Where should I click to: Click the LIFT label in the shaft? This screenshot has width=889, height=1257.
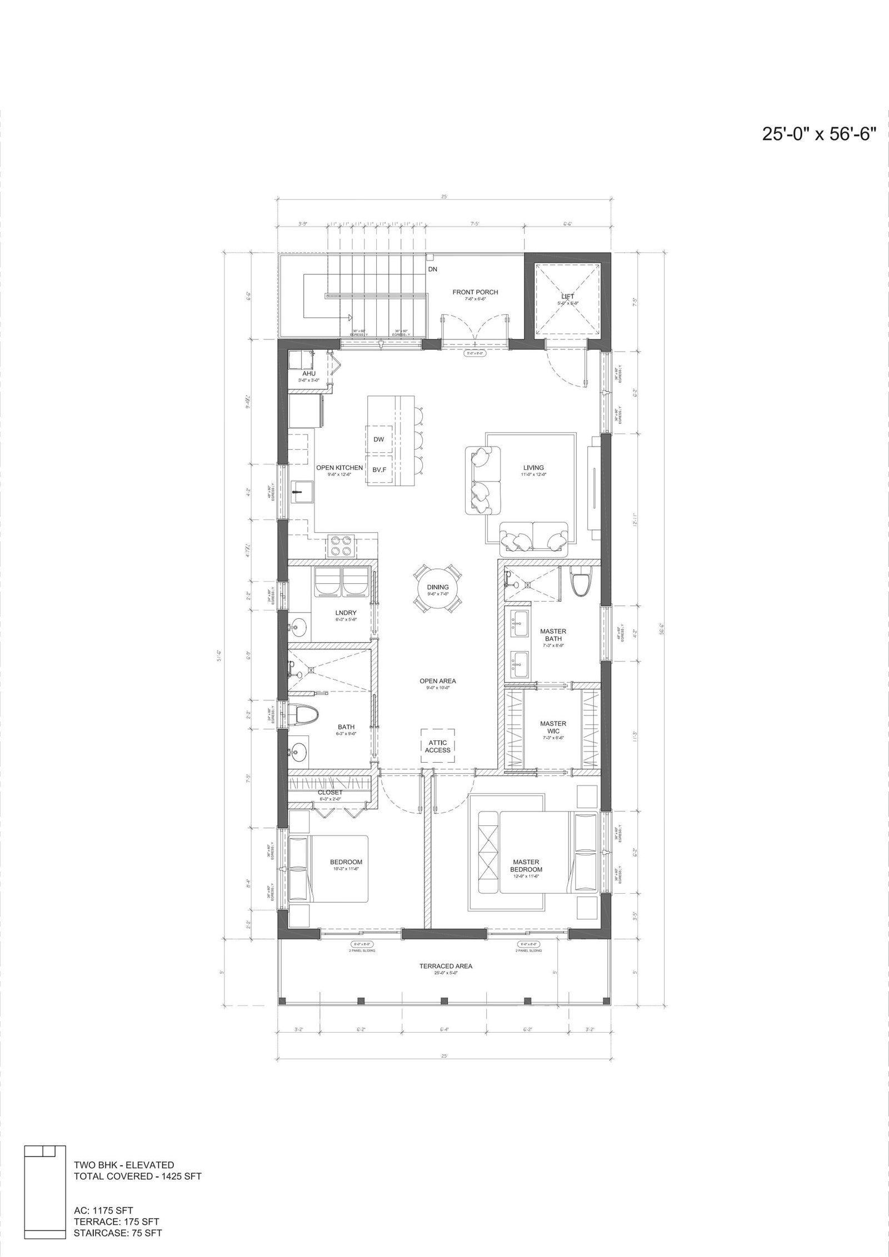tap(567, 297)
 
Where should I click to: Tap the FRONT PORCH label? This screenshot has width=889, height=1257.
tap(475, 292)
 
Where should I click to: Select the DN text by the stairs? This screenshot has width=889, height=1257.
tap(433, 269)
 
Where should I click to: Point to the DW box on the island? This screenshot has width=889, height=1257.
tap(378, 439)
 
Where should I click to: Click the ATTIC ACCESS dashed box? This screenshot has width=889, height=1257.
tap(438, 745)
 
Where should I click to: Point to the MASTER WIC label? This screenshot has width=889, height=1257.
tap(553, 727)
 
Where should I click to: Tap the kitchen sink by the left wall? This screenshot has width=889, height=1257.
tap(303, 490)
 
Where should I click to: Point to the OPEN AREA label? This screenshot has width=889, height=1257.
tap(437, 680)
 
